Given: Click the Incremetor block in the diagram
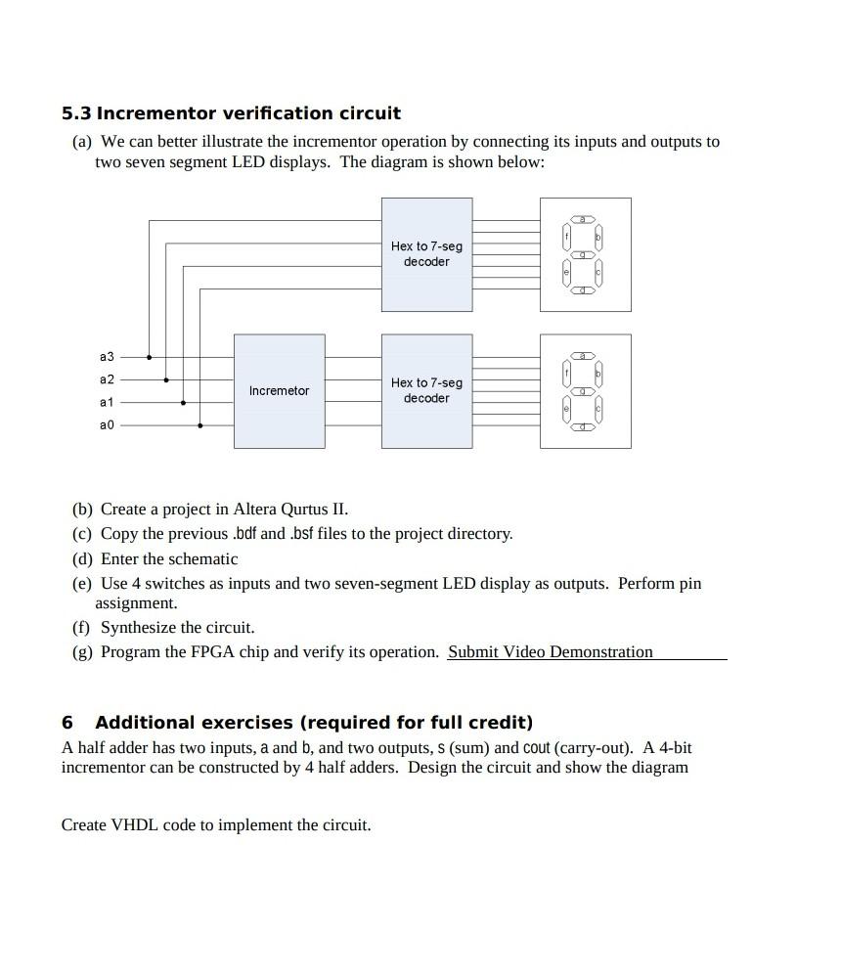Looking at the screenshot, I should pyautogui.click(x=279, y=391).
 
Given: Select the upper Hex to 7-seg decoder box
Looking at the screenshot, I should pyautogui.click(x=426, y=254).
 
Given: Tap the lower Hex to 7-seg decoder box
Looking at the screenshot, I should pyautogui.click(x=426, y=390).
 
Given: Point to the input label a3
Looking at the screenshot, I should pyautogui.click(x=107, y=357).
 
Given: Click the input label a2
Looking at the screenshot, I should pyautogui.click(x=107, y=379).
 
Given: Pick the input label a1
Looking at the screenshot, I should pyautogui.click(x=107, y=402).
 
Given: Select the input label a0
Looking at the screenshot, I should pyautogui.click(x=107, y=425).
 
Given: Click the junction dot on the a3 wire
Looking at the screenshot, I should pyautogui.click(x=150, y=357).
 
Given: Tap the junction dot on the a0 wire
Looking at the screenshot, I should pyautogui.click(x=200, y=425).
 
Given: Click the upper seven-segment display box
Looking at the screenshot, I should pyautogui.click(x=585, y=254).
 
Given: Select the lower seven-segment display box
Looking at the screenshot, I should pyautogui.click(x=585, y=390).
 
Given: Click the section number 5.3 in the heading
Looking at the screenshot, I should pyautogui.click(x=76, y=113).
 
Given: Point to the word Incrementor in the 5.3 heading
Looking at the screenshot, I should pyautogui.click(x=155, y=113).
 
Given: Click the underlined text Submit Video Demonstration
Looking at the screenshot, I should pyautogui.click(x=550, y=652).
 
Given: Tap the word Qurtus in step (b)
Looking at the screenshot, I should pyautogui.click(x=304, y=510).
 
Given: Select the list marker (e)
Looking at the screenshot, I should pyautogui.click(x=82, y=584).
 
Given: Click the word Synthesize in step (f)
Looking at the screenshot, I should pyautogui.click(x=138, y=628).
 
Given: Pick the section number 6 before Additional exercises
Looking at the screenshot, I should pyautogui.click(x=66, y=723).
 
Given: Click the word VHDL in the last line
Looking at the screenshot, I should pyautogui.click(x=134, y=825).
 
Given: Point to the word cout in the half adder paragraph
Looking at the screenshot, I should pyautogui.click(x=536, y=748).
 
